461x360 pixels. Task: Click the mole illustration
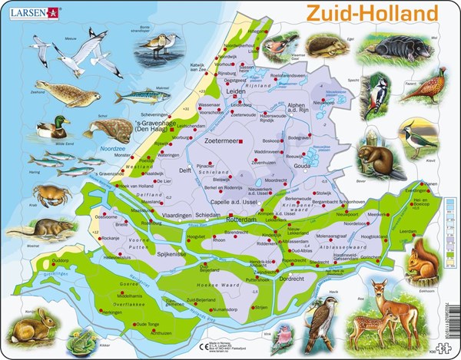click(x=416, y=52)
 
